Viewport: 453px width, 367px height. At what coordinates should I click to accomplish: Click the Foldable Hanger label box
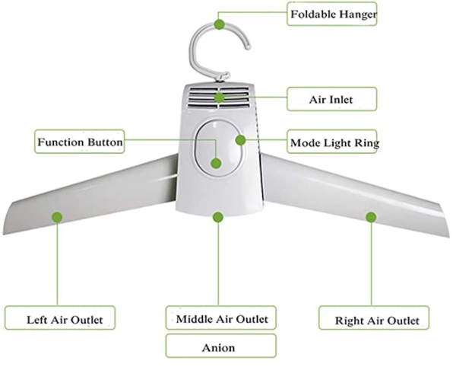tap(332, 14)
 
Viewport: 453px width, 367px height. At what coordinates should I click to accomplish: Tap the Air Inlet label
tap(332, 99)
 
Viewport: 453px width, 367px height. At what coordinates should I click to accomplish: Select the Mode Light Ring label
tap(332, 142)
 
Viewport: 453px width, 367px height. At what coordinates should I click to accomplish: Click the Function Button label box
tap(80, 142)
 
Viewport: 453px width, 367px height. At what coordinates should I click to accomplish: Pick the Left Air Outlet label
tap(60, 318)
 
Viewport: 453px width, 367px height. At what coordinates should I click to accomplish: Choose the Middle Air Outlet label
tap(221, 318)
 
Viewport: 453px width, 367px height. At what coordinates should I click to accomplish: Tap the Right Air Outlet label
tap(374, 318)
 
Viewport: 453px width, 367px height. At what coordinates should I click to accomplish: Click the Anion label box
tap(221, 346)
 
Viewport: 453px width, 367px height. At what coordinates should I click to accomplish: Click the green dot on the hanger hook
tap(220, 24)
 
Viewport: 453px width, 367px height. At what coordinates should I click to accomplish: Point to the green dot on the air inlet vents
tap(220, 97)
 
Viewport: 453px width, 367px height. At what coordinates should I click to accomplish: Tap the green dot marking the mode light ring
tap(240, 140)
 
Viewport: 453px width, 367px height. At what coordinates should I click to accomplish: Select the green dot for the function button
tap(216, 163)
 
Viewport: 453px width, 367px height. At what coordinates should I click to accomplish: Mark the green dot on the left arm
tap(57, 217)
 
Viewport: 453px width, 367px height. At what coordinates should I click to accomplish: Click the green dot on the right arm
tap(371, 217)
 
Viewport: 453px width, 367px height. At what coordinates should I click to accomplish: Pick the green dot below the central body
tap(218, 217)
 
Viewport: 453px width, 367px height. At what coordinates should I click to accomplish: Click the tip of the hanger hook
tap(248, 46)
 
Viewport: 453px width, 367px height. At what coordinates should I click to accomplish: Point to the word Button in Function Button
tap(105, 142)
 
